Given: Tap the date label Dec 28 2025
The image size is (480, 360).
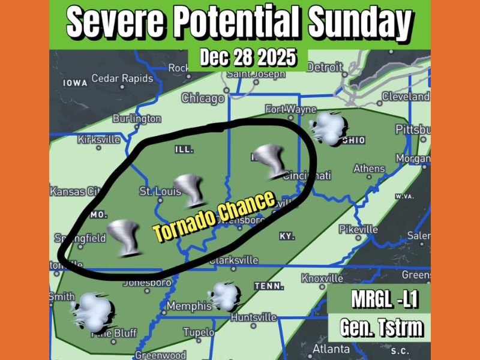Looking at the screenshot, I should coord(248,58).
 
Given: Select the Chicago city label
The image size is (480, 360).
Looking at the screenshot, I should coord(203,98).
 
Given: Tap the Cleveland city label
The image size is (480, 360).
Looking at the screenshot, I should coord(406,97).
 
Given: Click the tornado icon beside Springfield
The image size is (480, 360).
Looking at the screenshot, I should coord(124,236).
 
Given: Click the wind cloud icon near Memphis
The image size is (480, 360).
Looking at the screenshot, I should coord(226,296).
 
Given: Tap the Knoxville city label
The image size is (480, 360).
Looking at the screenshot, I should coord(322,278).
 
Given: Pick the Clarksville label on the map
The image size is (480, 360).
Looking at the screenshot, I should coord(233,260).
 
